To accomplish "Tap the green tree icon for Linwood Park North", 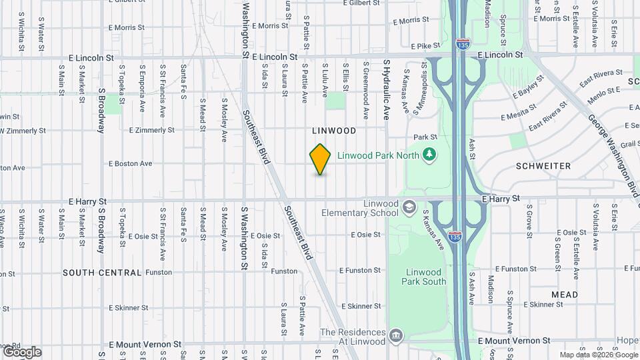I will (x=430, y=155).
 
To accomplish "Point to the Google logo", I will (x=21, y=351).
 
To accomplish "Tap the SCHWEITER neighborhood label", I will (x=543, y=165).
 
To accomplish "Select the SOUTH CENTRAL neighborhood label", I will (x=102, y=273).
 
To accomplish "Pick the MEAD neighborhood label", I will (x=564, y=294).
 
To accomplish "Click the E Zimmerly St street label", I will (x=151, y=130).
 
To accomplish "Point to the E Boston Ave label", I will (x=130, y=163).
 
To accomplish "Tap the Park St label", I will (x=424, y=137).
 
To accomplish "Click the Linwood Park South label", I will (x=423, y=277).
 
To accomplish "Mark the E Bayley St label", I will (x=529, y=87).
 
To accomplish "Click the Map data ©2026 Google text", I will (x=598, y=354).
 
